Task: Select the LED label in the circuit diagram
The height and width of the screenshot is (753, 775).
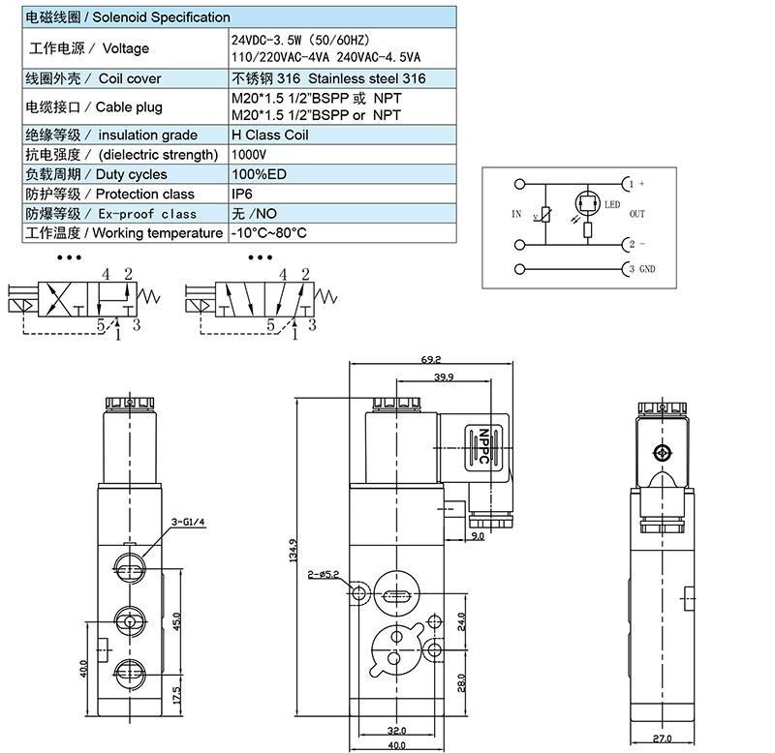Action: (612, 204)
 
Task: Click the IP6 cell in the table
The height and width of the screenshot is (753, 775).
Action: (242, 194)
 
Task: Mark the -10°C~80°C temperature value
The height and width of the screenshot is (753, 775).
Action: (268, 233)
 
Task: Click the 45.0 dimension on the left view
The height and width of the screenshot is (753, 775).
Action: (176, 619)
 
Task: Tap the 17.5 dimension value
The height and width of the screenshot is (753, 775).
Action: (176, 695)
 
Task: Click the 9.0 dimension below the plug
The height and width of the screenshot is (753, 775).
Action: (476, 535)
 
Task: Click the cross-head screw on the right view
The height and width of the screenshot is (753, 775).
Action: (663, 453)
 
